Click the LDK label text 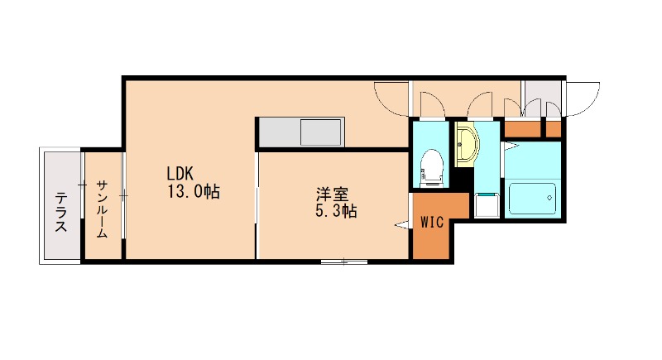[180, 174]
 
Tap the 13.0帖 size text [193, 192]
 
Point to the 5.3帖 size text [336, 212]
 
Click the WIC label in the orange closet [431, 222]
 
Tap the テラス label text [61, 212]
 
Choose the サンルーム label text [102, 209]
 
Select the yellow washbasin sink [466, 145]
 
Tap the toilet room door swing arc [430, 104]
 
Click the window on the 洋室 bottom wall [344, 262]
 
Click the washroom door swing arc [479, 104]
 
